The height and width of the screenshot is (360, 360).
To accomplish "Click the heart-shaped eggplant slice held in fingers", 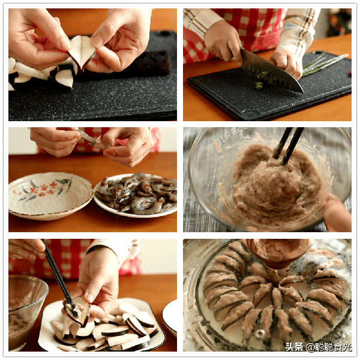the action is point(82,53).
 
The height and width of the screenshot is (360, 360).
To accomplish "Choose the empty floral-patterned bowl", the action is point(50,196).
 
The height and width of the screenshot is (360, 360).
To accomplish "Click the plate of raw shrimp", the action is point(136,195).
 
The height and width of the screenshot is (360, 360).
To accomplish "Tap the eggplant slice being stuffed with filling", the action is point(78,311).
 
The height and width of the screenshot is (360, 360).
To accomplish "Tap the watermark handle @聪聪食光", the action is point(329,347).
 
